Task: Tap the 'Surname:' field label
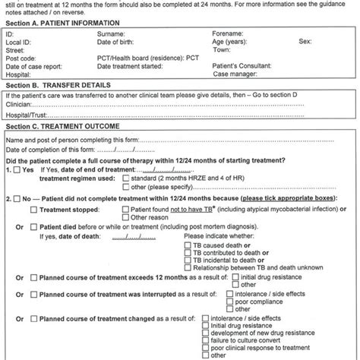[x=112, y=35]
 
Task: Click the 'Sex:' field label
[x=307, y=43]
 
